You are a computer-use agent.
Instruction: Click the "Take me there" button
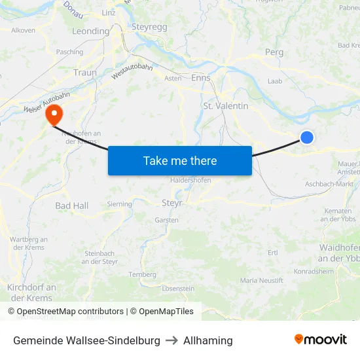point(180,160)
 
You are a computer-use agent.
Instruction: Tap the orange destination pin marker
point(53,116)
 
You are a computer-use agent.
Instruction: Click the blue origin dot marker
point(306,137)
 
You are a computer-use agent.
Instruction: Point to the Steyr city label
point(171,204)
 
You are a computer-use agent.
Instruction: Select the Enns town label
point(200,77)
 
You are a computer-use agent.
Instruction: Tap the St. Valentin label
point(226,106)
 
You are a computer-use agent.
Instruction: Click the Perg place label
point(274,52)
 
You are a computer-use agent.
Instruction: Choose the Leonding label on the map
point(90,31)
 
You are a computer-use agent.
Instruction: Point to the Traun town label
point(85,73)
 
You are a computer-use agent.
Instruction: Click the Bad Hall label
point(71,206)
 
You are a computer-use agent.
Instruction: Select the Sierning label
point(119,204)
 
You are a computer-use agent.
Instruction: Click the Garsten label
point(166,220)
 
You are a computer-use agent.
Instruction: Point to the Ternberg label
point(142,274)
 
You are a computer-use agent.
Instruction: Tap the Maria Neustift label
point(262,280)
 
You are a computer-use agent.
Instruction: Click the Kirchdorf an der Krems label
point(31,293)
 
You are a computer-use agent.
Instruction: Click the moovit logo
point(320,340)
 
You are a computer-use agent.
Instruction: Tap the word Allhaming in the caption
point(207,340)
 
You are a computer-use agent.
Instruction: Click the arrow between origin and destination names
point(171,340)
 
